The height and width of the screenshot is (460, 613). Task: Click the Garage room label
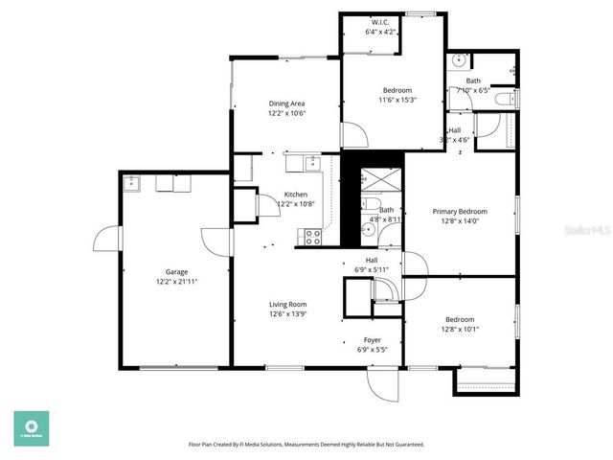tap(176, 271)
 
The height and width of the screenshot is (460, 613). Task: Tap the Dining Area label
tap(286, 103)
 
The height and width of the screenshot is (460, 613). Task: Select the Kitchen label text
tap(295, 195)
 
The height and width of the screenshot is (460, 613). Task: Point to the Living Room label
tap(287, 304)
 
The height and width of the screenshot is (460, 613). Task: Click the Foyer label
tap(372, 340)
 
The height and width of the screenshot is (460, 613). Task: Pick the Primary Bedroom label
tap(460, 212)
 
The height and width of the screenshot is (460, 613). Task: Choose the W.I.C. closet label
tap(381, 22)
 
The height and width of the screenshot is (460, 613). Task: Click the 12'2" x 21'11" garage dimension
tap(176, 282)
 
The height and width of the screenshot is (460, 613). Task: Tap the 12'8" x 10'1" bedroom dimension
tap(460, 330)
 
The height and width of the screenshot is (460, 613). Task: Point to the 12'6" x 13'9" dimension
tap(287, 314)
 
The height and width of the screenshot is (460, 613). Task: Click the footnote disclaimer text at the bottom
tap(306, 445)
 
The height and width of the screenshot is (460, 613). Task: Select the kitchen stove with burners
tap(311, 235)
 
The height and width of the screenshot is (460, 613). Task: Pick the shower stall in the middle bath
tap(369, 178)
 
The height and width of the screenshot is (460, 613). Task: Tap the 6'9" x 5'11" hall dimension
tap(372, 269)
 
